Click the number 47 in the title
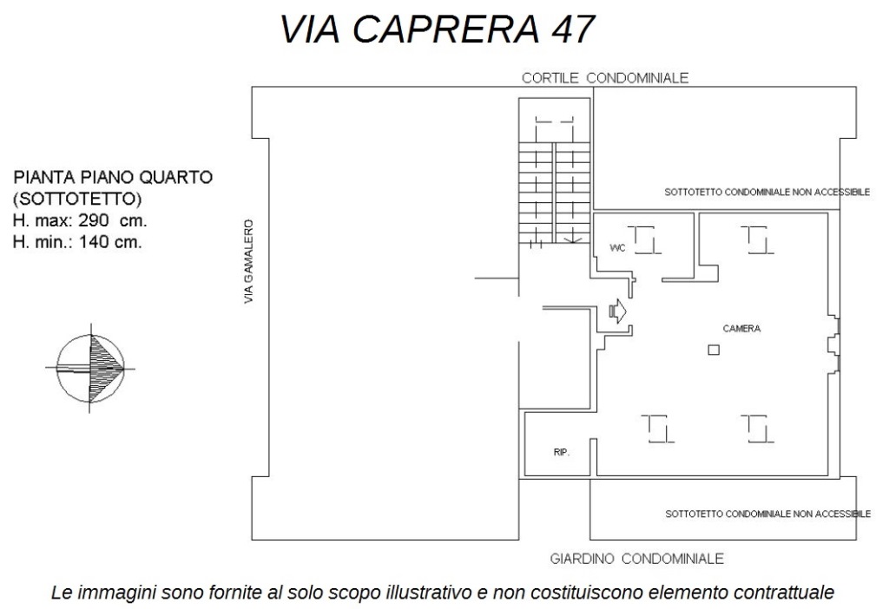point(572,29)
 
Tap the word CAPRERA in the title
point(445,29)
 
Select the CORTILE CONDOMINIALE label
point(605,78)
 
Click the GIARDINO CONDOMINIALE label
point(636,560)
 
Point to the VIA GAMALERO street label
point(248,262)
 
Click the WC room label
point(617,248)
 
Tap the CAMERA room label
point(741,329)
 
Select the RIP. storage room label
point(562,452)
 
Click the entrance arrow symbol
point(617,311)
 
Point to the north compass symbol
point(90,368)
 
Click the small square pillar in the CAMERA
point(714,350)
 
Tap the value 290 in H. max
point(94,220)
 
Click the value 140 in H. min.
point(94,242)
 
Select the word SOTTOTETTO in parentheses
point(77,199)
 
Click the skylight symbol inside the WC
point(648,239)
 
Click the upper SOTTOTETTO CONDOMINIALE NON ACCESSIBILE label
point(767,193)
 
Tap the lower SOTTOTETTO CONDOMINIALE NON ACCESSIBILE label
point(767,514)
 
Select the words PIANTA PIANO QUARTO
point(113,177)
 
